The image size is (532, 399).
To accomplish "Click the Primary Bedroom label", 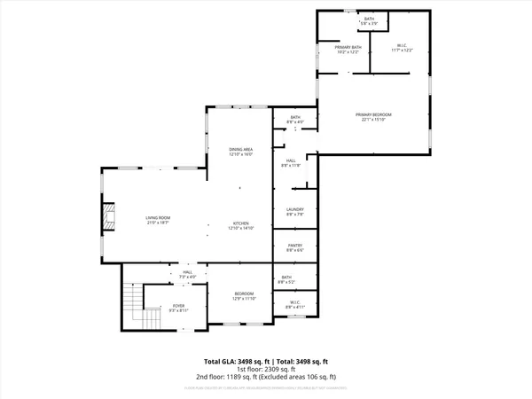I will coord(373,117).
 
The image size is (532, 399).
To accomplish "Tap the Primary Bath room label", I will coord(348,50).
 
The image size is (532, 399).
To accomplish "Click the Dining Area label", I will coord(240,152).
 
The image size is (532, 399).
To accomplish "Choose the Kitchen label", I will coord(240,225).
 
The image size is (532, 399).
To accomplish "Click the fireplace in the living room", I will coord(108,216).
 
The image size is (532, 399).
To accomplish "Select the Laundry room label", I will coord(295,211).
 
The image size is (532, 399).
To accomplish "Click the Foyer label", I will coord(177,309).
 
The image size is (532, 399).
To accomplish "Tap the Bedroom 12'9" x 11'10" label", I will coord(244,296).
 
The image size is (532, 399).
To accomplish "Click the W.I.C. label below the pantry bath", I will coord(295,306).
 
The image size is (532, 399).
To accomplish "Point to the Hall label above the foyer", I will coord(187,275).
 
